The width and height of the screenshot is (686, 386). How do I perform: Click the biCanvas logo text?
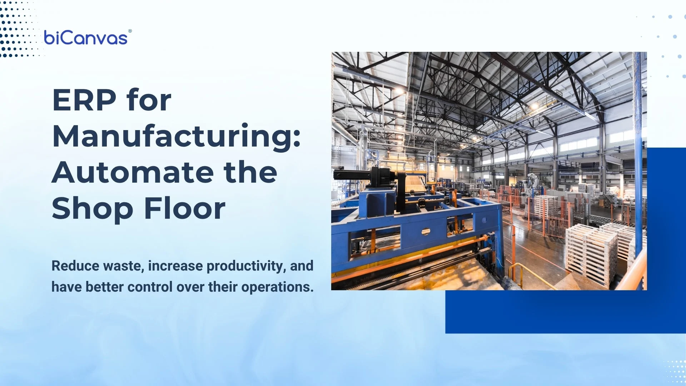tap(85, 38)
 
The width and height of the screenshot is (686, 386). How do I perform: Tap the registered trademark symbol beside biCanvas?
tap(130, 31)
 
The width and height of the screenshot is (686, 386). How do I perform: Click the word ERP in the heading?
tap(84, 100)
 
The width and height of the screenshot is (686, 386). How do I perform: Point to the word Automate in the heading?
tap(133, 173)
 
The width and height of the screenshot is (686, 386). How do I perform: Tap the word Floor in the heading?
tap(185, 208)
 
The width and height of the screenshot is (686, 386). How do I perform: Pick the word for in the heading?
tap(149, 100)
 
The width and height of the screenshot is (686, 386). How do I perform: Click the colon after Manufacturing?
tap(297, 138)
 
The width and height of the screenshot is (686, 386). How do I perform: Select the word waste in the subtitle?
tap(123, 266)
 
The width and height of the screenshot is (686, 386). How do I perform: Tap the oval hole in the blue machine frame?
tap(426, 232)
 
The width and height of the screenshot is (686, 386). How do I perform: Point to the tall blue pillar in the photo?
tap(638, 150)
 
